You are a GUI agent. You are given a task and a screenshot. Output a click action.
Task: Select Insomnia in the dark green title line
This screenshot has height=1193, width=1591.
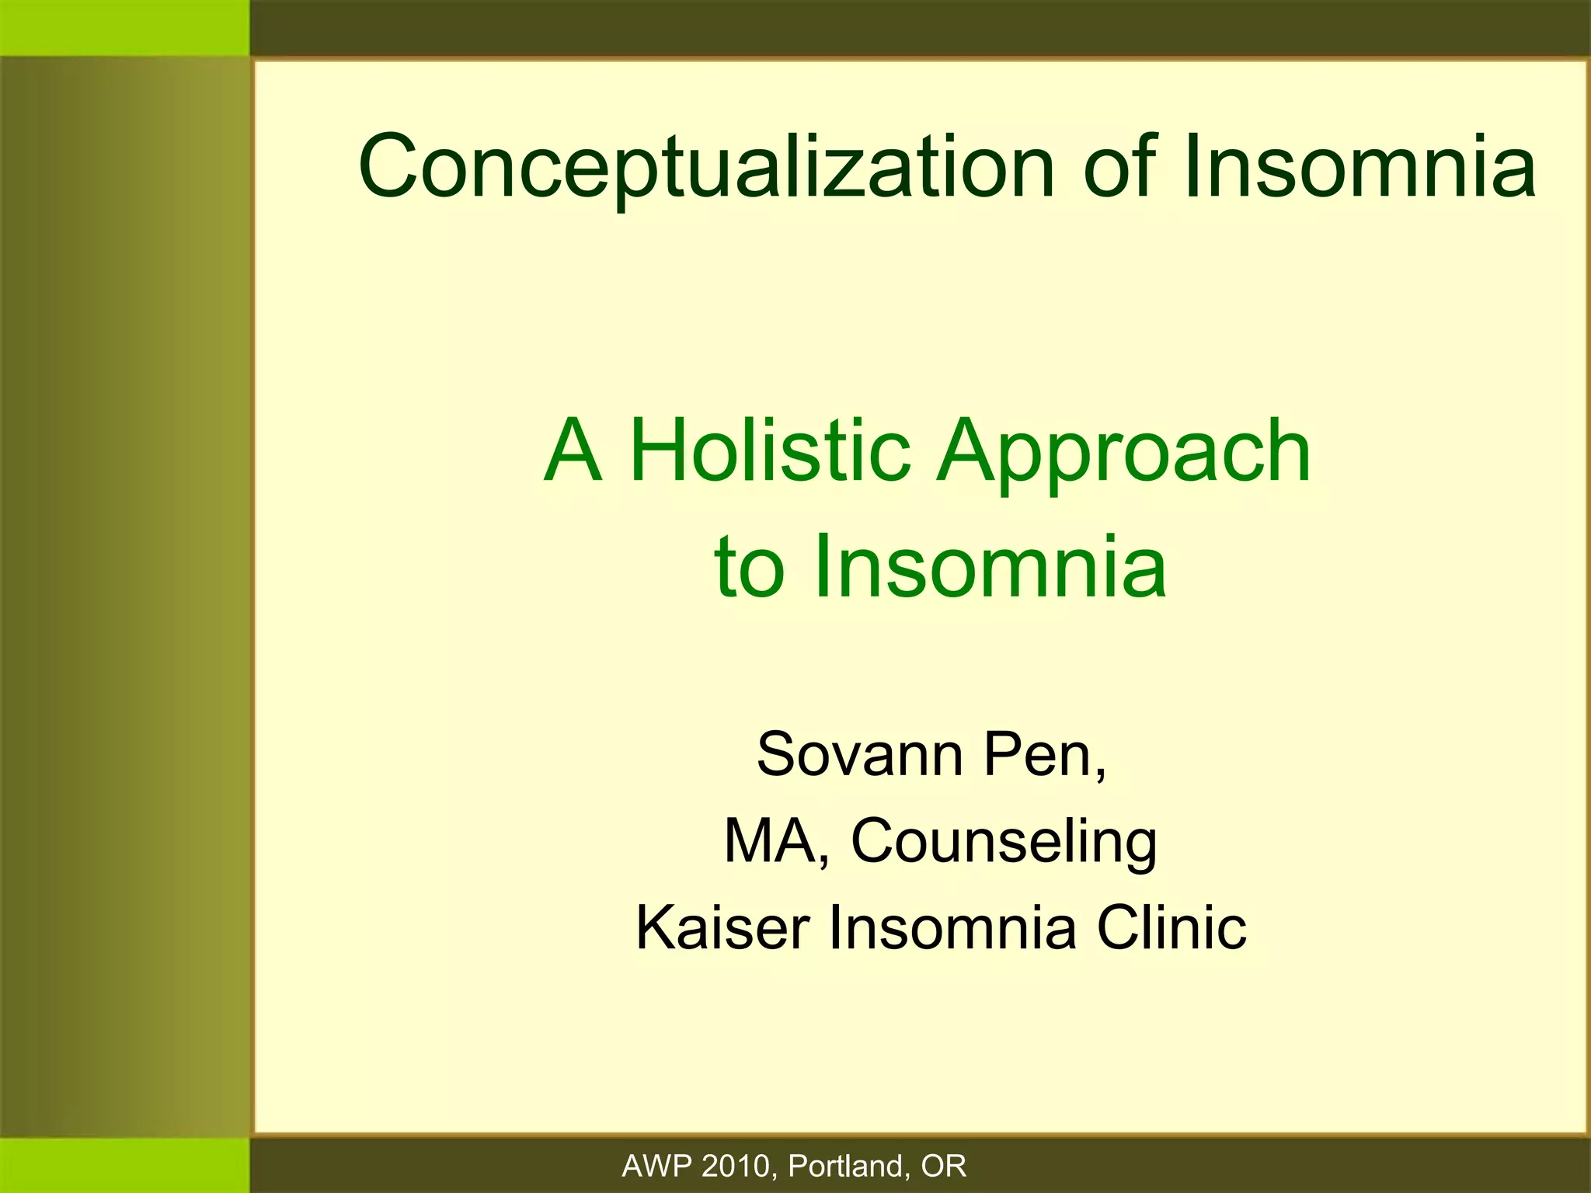click(1360, 166)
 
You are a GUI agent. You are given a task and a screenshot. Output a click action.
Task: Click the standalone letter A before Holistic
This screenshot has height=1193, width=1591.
click(573, 450)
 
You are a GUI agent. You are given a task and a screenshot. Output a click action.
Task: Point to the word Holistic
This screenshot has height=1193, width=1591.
click(769, 450)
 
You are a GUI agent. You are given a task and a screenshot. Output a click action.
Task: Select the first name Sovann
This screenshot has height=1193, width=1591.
click(859, 754)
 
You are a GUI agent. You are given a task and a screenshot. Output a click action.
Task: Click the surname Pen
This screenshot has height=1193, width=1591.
click(1043, 754)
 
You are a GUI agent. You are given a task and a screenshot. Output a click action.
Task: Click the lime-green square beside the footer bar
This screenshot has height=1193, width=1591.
click(124, 1165)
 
